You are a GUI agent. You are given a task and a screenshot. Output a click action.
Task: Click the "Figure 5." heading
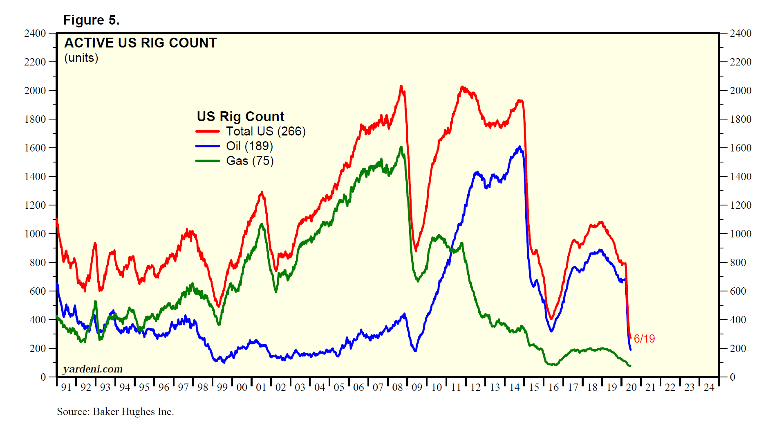pyautogui.click(x=91, y=20)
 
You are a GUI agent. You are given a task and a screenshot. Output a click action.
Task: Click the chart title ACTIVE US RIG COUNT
pyautogui.click(x=140, y=43)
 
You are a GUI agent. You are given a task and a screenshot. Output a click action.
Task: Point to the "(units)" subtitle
pyautogui.click(x=81, y=58)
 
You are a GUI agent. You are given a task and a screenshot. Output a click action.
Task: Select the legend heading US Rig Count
pyautogui.click(x=240, y=117)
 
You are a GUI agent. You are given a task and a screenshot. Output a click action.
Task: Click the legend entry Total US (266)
pyautogui.click(x=266, y=131)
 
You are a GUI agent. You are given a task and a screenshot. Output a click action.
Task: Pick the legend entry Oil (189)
pyautogui.click(x=249, y=146)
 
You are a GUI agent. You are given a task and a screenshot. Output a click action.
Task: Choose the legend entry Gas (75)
pyautogui.click(x=250, y=161)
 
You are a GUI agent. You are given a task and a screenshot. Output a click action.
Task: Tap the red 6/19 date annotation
pyautogui.click(x=644, y=339)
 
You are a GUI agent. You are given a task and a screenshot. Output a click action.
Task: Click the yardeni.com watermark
pyautogui.click(x=93, y=369)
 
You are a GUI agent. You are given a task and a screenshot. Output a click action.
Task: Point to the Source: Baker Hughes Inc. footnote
pyautogui.click(x=115, y=412)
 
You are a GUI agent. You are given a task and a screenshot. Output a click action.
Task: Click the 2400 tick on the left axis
pyautogui.click(x=35, y=33)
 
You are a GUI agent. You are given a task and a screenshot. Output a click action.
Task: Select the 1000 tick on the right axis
pyautogui.click(x=741, y=234)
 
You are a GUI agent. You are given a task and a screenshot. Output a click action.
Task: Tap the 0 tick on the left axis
pyautogui.click(x=43, y=377)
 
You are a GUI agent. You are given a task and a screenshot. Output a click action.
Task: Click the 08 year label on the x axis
pyautogui.click(x=397, y=387)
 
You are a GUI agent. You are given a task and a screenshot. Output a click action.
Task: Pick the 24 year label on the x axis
pyautogui.click(x=709, y=387)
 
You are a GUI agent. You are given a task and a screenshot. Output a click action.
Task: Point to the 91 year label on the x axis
pyautogui.click(x=66, y=387)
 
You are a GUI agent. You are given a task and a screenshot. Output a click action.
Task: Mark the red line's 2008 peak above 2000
pyautogui.click(x=401, y=86)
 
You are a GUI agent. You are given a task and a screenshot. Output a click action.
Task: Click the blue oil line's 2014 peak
pyautogui.click(x=519, y=147)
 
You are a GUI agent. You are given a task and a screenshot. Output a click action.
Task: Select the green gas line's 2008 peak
pyautogui.click(x=401, y=147)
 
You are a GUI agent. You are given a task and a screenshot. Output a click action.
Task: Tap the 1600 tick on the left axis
pyautogui.click(x=35, y=148)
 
